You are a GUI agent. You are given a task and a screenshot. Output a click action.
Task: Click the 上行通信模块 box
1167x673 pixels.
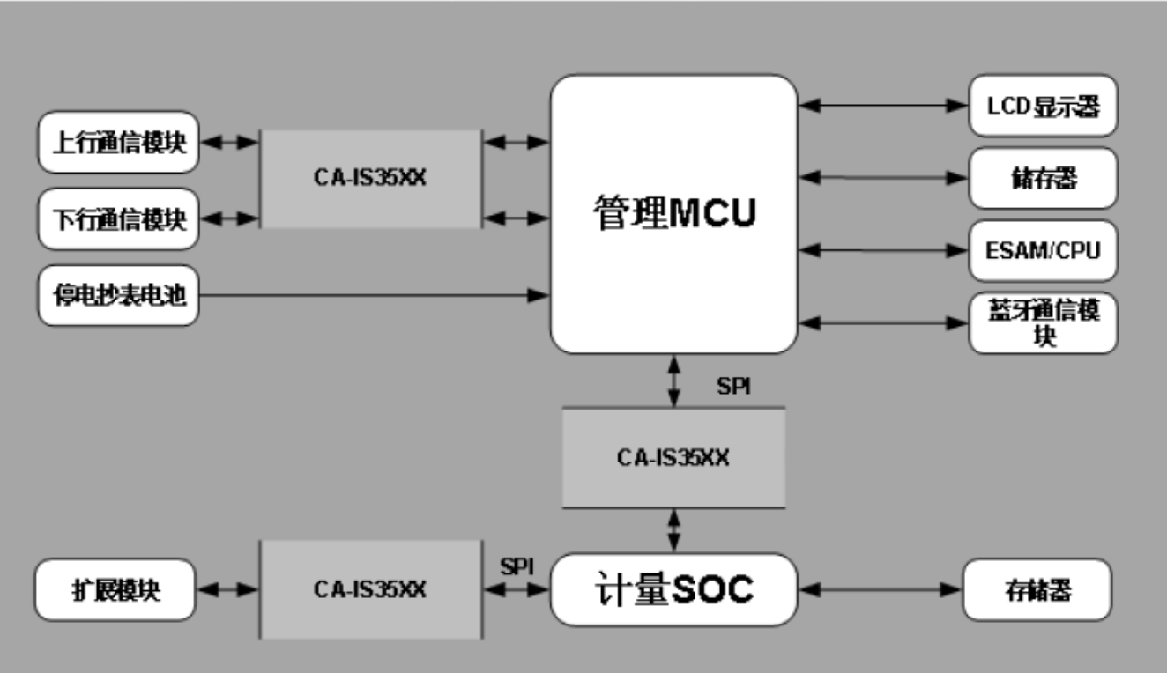point(118,142)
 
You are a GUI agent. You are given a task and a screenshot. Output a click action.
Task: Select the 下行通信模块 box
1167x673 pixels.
point(118,218)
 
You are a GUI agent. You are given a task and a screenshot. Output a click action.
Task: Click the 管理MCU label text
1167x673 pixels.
point(673,214)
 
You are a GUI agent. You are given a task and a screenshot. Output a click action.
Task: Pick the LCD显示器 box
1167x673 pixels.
point(1043,106)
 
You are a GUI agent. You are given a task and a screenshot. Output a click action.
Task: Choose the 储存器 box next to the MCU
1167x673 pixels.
point(1043,178)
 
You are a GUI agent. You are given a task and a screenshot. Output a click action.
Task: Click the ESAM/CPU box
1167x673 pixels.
point(1043,250)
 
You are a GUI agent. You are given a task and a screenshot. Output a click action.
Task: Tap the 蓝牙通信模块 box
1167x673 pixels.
point(1043,323)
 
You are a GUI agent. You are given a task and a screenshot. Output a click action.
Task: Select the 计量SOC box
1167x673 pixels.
point(673,589)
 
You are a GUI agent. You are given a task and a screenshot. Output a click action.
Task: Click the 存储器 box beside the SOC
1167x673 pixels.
point(1037,589)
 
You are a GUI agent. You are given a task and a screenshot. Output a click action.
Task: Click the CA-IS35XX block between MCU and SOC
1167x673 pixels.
point(673,458)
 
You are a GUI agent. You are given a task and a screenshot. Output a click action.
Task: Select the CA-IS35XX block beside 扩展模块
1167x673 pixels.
point(370,589)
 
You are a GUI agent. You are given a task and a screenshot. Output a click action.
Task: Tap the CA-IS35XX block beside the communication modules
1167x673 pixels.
point(370,178)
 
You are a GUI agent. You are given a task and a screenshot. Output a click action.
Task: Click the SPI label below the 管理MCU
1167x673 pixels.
point(733,387)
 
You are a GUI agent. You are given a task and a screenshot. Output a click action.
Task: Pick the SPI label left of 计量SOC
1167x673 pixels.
point(517,566)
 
